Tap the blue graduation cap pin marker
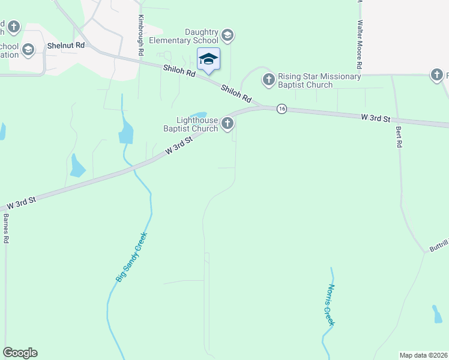(208, 59)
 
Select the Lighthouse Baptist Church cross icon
(227, 124)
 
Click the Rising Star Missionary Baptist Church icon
(268, 78)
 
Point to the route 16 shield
(281, 109)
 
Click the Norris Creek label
(328, 305)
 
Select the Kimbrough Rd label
(141, 35)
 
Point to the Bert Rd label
(397, 137)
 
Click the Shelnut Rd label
(67, 46)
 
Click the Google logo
(20, 353)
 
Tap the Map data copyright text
(424, 355)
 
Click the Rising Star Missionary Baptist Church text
(319, 80)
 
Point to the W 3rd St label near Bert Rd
(375, 118)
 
